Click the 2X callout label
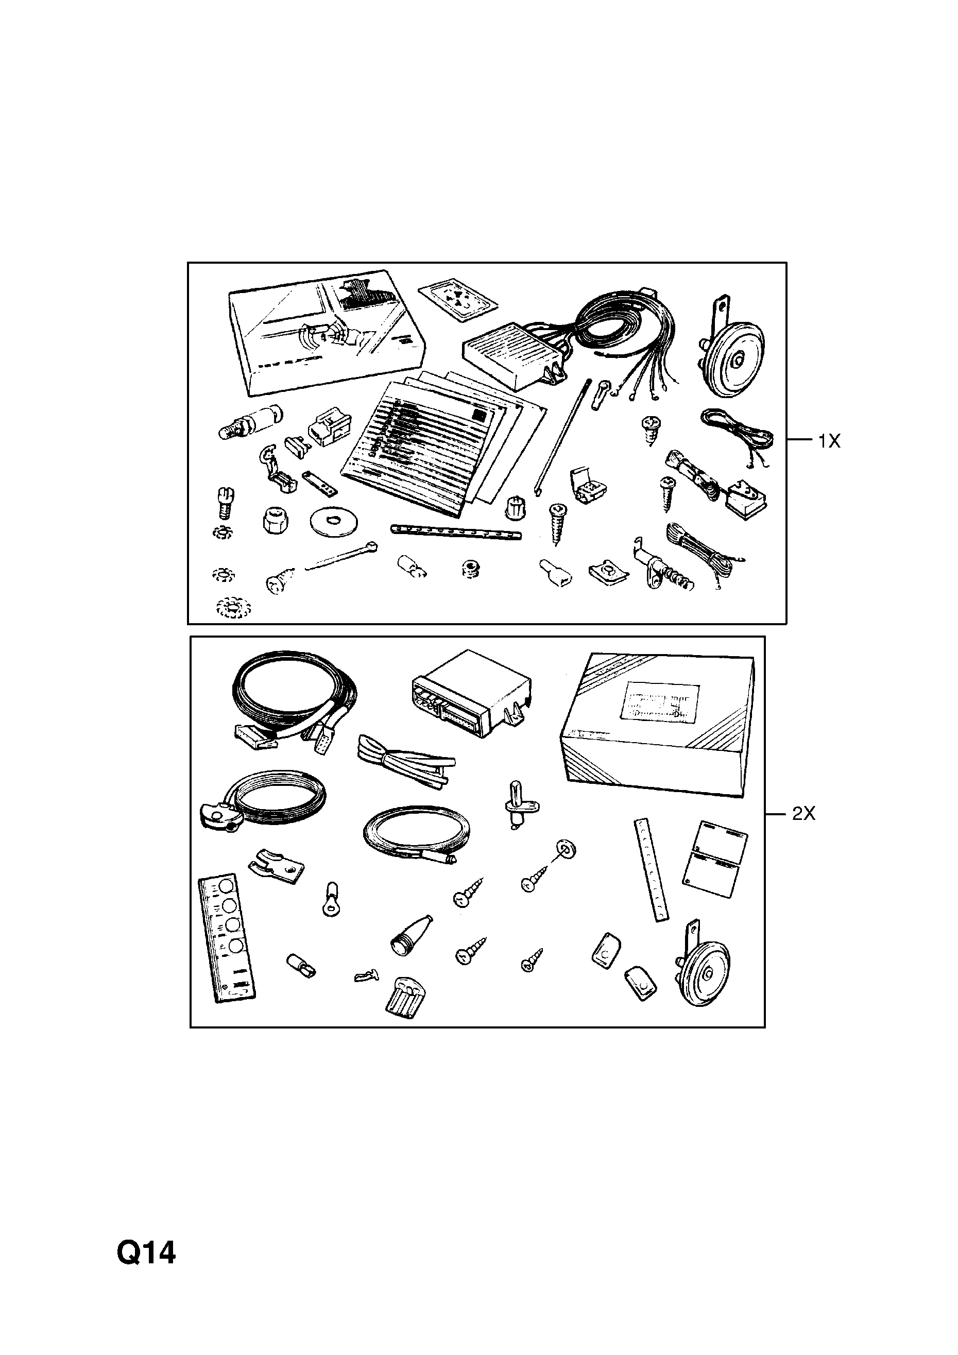point(803,814)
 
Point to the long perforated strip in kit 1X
point(456,531)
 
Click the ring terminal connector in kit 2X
point(332,899)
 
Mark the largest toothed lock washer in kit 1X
point(233,608)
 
